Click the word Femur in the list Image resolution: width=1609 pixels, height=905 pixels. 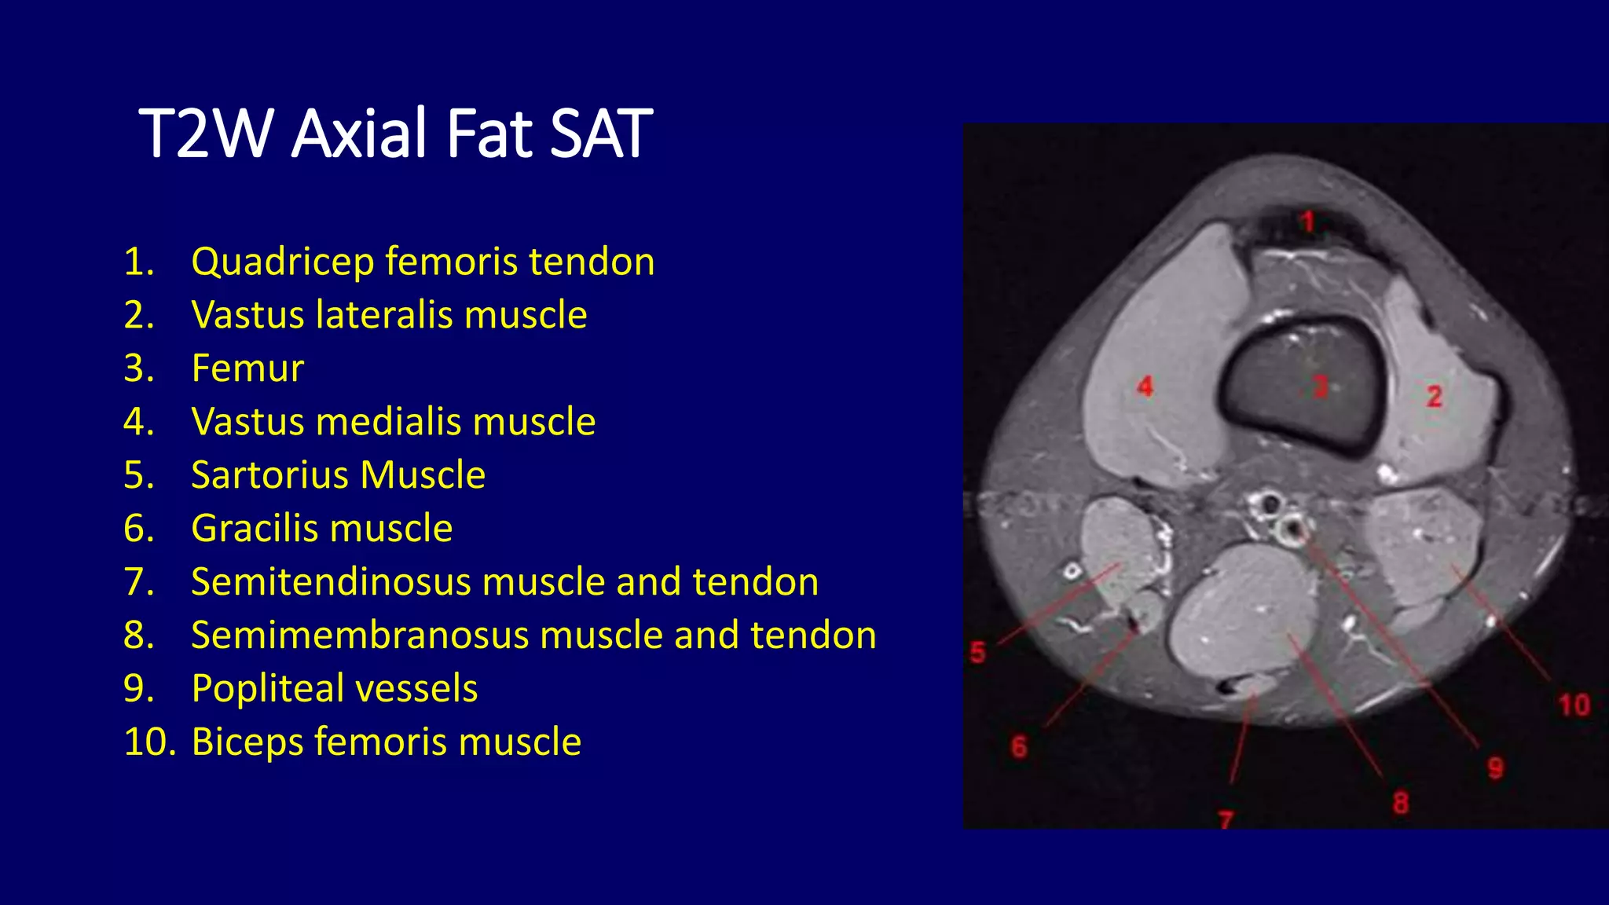[x=247, y=368]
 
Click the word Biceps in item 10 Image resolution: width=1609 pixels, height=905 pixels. [x=246, y=742]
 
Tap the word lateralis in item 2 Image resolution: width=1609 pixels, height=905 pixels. [x=383, y=315]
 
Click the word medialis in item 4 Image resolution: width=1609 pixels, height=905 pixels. [x=387, y=422]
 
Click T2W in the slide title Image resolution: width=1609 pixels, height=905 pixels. [x=206, y=134]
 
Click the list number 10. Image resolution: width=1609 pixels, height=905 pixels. [x=149, y=742]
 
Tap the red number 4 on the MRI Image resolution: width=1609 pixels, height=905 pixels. [x=1145, y=386]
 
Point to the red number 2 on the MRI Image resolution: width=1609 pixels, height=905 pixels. [x=1435, y=396]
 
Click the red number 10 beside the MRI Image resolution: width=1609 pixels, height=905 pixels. [x=1574, y=705]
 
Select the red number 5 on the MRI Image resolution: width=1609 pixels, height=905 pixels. [x=977, y=652]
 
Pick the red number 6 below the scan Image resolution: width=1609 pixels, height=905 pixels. [x=1019, y=746]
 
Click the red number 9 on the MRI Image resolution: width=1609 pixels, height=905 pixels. [x=1496, y=768]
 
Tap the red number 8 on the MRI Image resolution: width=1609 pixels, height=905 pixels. [x=1401, y=803]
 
